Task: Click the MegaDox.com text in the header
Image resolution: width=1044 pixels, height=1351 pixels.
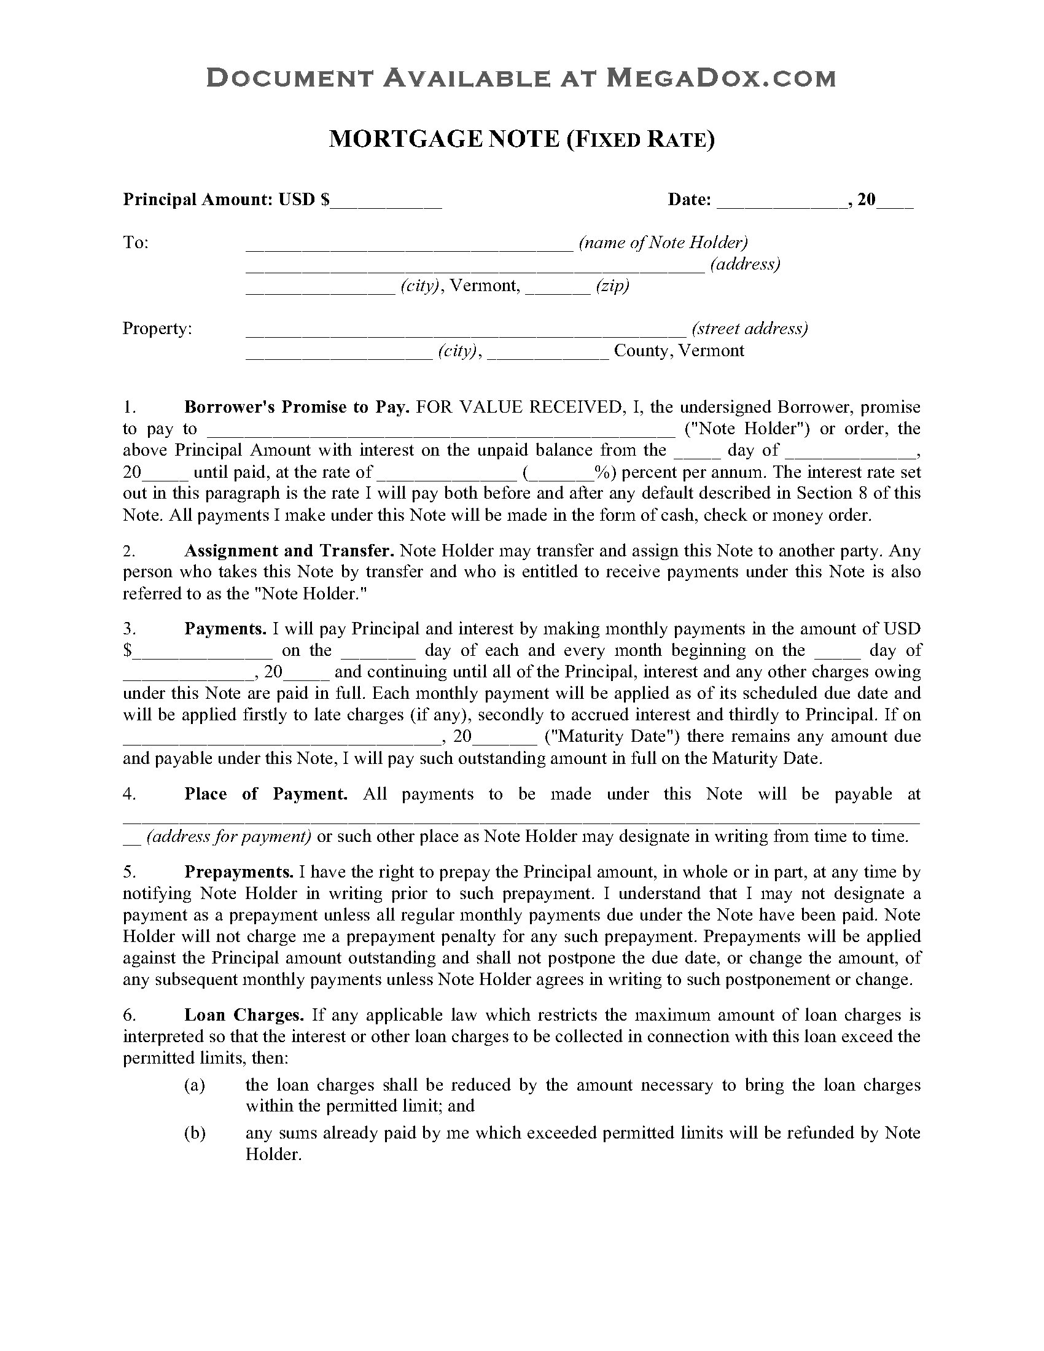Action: [720, 79]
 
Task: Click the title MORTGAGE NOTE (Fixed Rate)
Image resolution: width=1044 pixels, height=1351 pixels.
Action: [521, 139]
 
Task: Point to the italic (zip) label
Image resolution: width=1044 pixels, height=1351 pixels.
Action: [612, 286]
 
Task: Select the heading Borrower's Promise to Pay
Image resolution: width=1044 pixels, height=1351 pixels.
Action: [297, 407]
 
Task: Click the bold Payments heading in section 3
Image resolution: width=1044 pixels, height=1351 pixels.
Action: [225, 629]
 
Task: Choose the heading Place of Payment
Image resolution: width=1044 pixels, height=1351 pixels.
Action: [265, 794]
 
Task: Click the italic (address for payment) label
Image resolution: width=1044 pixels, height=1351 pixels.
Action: [229, 837]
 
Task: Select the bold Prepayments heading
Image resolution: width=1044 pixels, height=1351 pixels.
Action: [239, 872]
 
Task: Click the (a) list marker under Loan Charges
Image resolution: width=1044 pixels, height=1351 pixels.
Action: [194, 1085]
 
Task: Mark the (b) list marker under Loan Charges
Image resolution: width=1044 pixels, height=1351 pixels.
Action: [195, 1132]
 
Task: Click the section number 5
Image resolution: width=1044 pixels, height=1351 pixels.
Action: [128, 872]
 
